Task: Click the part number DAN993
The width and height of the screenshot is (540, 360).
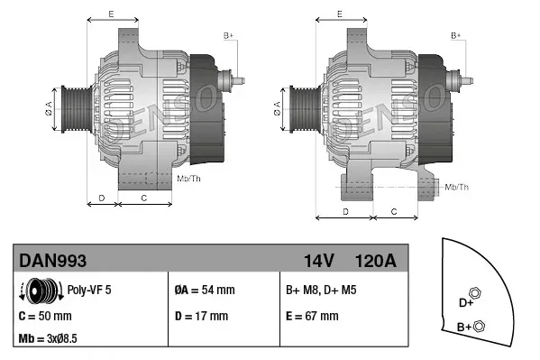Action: (52, 261)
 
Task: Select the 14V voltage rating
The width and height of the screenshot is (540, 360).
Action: (318, 261)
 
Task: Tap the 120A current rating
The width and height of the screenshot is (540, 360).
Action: (376, 261)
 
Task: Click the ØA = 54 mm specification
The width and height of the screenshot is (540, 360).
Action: (204, 291)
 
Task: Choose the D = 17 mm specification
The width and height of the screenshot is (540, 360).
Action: (202, 317)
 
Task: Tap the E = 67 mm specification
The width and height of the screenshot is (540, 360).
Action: (312, 317)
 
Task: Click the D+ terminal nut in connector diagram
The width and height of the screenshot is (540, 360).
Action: (476, 294)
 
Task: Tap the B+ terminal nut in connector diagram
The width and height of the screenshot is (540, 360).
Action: (479, 326)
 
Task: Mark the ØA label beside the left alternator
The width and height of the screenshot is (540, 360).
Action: (49, 107)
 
